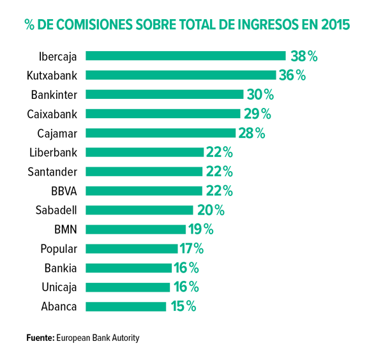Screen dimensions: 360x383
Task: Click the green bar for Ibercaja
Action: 185,56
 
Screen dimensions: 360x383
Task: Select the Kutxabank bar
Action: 181,75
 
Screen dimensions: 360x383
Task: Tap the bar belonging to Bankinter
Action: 165,94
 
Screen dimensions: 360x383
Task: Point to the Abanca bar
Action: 126,306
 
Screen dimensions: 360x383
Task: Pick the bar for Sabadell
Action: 139,209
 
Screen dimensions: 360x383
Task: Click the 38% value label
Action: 304,56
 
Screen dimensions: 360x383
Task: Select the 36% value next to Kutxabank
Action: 292,75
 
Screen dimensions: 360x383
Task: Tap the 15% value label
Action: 183,306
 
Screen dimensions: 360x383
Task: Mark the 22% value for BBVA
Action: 219,190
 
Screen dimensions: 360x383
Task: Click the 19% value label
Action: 200,229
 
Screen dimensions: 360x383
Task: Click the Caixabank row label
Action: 52,114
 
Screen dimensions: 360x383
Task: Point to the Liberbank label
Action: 54,152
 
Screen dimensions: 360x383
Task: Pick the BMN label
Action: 66,229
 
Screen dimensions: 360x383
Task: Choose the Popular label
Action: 59,248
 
